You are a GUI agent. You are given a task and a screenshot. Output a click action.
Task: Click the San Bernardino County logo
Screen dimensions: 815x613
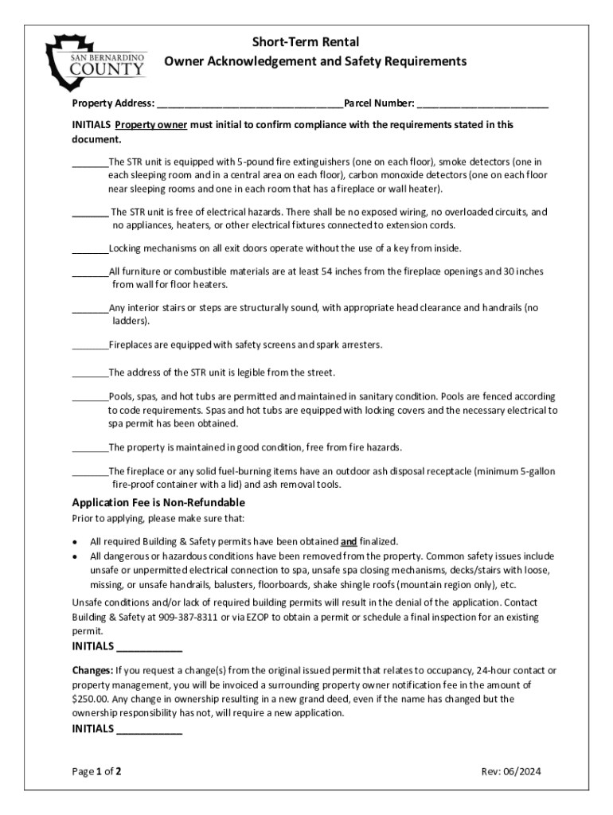pyautogui.click(x=96, y=61)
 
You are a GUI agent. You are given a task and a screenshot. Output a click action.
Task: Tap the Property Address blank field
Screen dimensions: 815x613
pyautogui.click(x=250, y=104)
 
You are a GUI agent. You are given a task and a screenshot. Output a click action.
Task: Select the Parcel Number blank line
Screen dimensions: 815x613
pyautogui.click(x=482, y=104)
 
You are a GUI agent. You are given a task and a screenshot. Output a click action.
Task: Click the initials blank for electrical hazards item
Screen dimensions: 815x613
pyautogui.click(x=89, y=213)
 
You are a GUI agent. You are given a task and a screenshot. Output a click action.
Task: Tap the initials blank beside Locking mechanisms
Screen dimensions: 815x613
pyautogui.click(x=89, y=249)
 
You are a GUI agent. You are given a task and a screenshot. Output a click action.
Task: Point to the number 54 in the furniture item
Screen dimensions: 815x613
pyautogui.click(x=328, y=271)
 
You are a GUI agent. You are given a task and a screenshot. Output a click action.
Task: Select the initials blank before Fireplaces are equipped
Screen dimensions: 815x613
pyautogui.click(x=89, y=345)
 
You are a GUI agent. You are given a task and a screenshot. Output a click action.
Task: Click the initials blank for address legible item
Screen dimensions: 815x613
pyautogui.click(x=89, y=372)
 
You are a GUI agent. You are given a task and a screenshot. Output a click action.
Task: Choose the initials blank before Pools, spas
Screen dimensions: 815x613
pyautogui.click(x=89, y=396)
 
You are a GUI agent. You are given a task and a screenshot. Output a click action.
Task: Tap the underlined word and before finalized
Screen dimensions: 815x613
pyautogui.click(x=349, y=541)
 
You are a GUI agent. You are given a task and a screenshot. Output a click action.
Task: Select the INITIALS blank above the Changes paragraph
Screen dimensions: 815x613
pyautogui.click(x=150, y=646)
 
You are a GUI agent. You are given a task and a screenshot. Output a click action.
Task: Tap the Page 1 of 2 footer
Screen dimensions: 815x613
pyautogui.click(x=96, y=771)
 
